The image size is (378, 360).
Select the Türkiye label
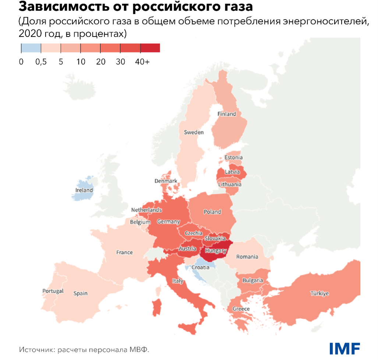pos(319,294)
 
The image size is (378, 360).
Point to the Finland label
pos(226,114)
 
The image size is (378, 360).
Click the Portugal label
pos(53,291)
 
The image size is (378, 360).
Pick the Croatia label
pos(201,267)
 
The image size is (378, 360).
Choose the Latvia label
pos(232,172)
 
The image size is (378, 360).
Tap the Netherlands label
pos(146,210)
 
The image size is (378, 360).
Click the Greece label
pos(241,309)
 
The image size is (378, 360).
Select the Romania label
pos(247,256)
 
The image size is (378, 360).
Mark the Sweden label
pos(194,132)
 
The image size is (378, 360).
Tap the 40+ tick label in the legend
pos(142,62)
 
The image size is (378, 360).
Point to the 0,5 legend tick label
pos(41,62)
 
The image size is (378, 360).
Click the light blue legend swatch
pos(31,48)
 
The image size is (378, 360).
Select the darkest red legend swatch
pos(150,48)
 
